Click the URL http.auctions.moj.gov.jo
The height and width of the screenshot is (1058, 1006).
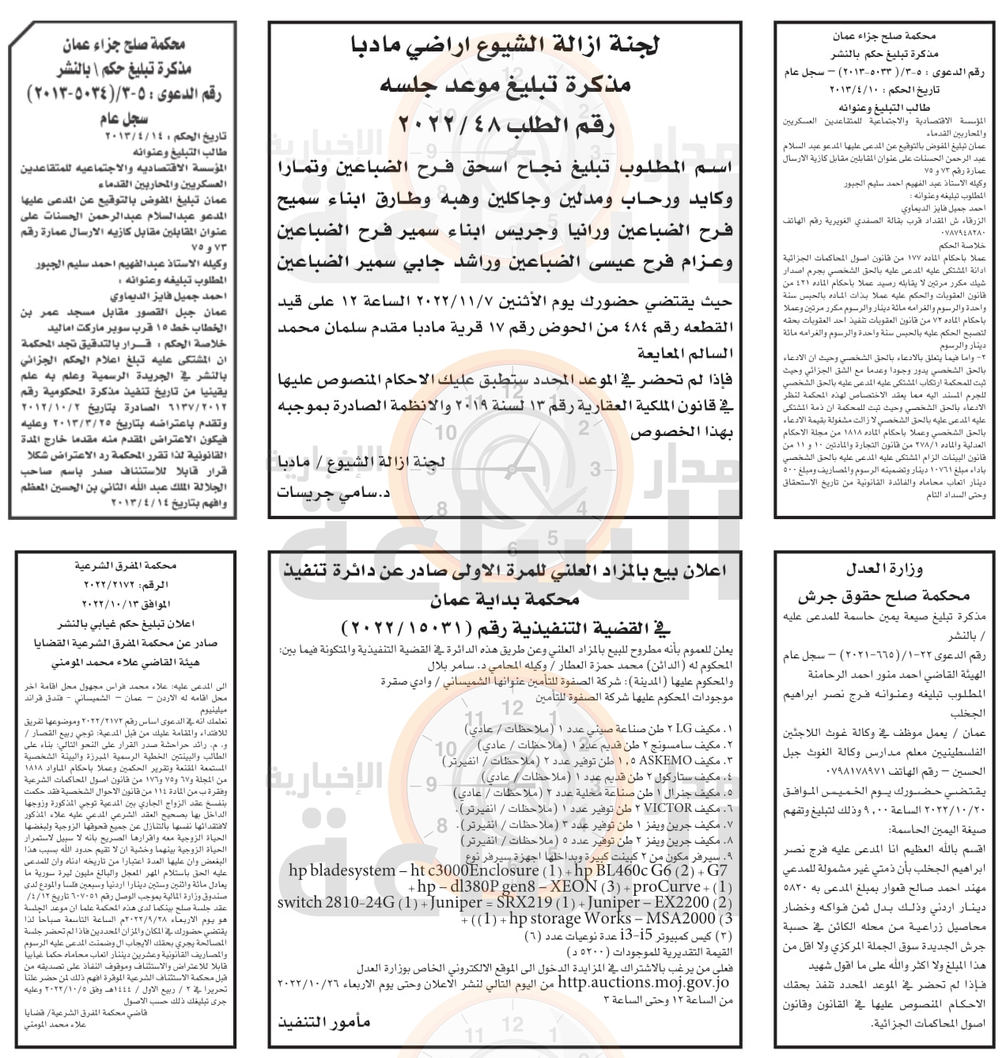pyautogui.click(x=644, y=982)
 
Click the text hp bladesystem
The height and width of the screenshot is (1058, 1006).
pyautogui.click(x=342, y=870)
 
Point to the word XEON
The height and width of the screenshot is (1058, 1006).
pyautogui.click(x=573, y=886)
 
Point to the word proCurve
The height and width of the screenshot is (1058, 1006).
pyautogui.click(x=666, y=886)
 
